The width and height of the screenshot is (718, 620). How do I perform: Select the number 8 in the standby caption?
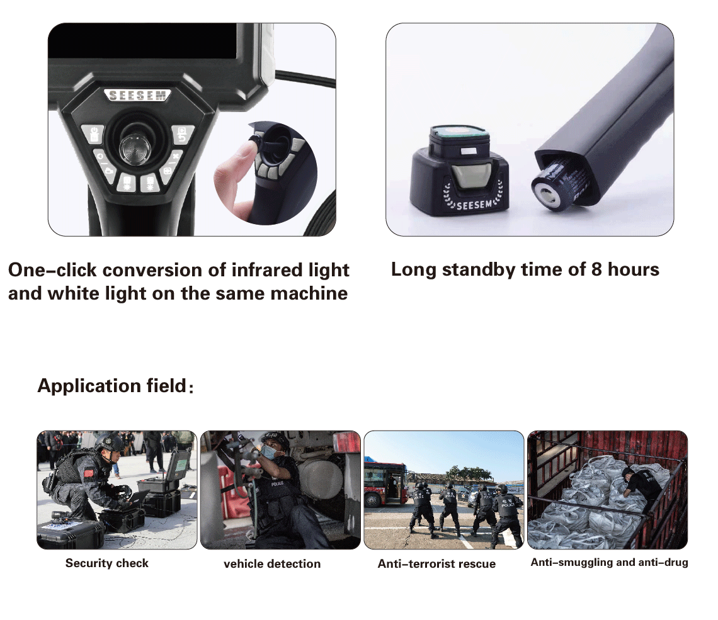pos(596,269)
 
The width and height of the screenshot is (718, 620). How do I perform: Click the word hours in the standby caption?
pos(634,269)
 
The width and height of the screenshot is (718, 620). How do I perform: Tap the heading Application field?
pos(111,385)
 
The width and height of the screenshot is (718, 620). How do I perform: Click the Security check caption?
pos(107,563)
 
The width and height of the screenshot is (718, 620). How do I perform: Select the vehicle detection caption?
pos(272,564)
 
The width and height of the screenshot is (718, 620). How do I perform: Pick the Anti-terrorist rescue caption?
pos(436,564)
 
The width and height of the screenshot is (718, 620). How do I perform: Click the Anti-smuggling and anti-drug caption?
pos(609,562)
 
